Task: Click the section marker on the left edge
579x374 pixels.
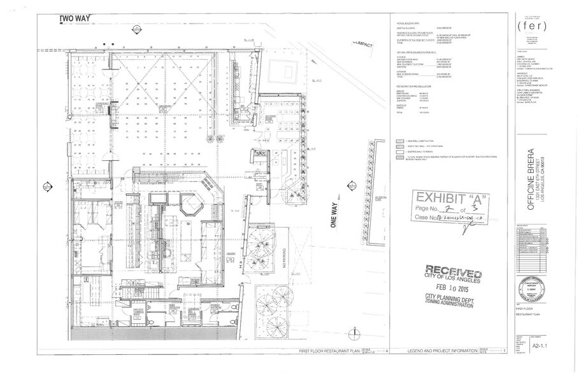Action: click(46, 186)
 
